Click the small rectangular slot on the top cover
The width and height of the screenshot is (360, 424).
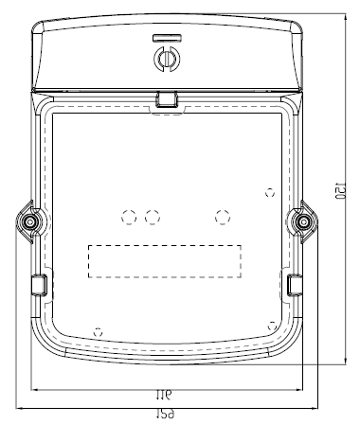(x=167, y=38)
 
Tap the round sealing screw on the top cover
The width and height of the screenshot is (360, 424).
(x=167, y=58)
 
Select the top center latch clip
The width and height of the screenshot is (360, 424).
(x=167, y=99)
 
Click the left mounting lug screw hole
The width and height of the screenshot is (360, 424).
(x=30, y=221)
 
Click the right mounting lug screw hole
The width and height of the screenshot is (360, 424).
(x=303, y=221)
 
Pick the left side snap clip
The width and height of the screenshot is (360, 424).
(x=40, y=285)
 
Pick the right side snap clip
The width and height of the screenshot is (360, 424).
(x=295, y=285)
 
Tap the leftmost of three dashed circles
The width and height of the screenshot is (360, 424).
(x=129, y=218)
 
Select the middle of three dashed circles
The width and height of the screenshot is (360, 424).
(x=153, y=218)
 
